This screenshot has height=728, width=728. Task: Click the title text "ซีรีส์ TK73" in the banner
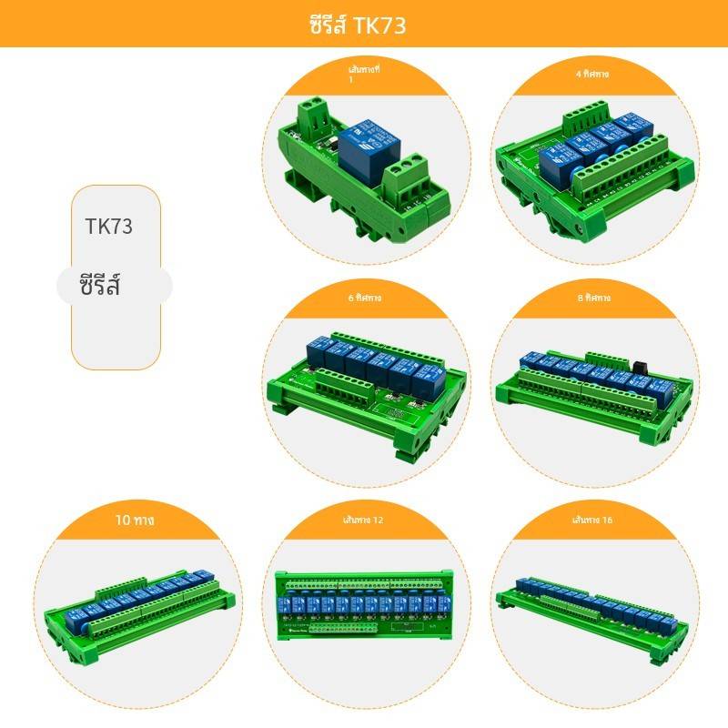pyautogui.click(x=357, y=25)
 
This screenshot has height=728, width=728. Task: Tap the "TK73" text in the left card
pyautogui.click(x=109, y=227)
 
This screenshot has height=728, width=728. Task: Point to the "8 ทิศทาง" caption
pyautogui.click(x=596, y=298)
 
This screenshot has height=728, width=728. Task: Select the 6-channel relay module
pyautogui.click(x=369, y=382)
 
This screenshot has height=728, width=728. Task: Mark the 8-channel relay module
pyautogui.click(x=596, y=391)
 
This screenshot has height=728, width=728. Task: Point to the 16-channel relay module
pyautogui.click(x=596, y=605)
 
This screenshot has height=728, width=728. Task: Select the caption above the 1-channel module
pyautogui.click(x=367, y=74)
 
